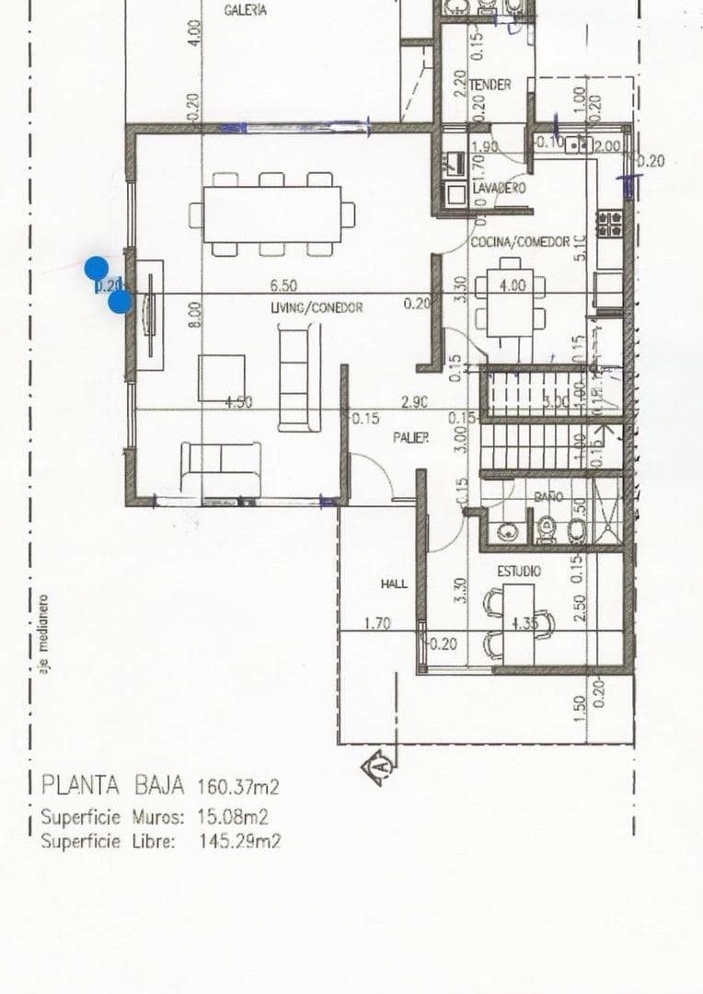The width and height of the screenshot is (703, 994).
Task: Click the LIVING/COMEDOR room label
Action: tap(316, 307)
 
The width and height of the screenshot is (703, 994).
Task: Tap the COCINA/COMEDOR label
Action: tap(520, 242)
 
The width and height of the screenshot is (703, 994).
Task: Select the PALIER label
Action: tap(410, 439)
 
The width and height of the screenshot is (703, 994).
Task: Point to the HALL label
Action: tap(394, 584)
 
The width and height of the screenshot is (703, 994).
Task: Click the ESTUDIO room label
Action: tap(519, 572)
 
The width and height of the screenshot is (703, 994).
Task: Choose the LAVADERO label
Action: tap(499, 188)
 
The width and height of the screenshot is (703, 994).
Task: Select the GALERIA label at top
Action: tap(246, 10)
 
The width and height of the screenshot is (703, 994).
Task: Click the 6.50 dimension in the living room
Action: tap(282, 287)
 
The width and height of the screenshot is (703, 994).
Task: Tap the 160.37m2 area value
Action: tap(237, 787)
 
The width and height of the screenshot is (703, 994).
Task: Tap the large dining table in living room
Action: tap(272, 214)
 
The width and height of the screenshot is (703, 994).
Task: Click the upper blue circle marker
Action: tap(97, 269)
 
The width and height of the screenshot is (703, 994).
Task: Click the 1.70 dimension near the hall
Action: tap(377, 623)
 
